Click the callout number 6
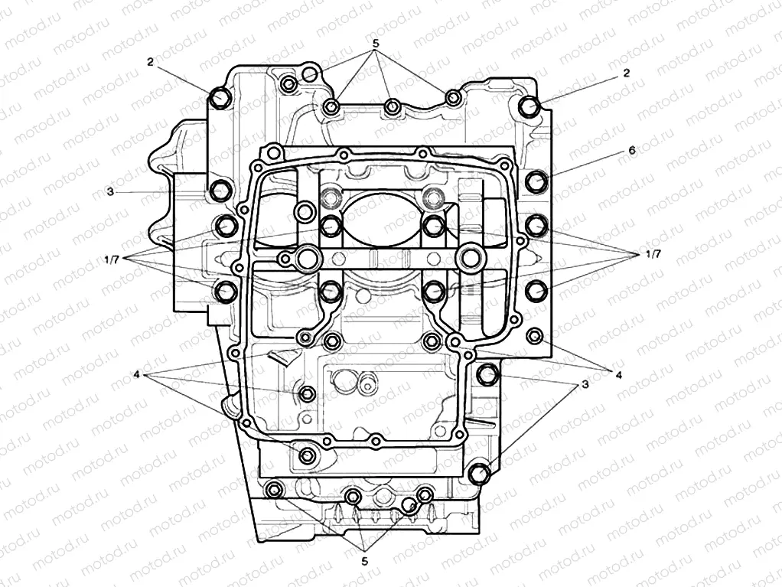[631, 151]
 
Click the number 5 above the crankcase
[376, 44]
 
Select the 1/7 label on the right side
[653, 253]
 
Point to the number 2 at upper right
[626, 73]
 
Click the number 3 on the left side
[110, 191]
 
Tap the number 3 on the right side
[585, 384]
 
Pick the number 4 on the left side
[135, 375]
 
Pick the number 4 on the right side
[617, 373]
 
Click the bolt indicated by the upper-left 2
[220, 98]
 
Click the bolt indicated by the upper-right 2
[528, 106]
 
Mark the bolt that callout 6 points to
[538, 181]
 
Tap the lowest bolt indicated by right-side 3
[480, 474]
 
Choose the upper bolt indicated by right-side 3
[487, 374]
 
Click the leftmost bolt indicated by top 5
[288, 83]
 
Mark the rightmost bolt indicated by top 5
[452, 97]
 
